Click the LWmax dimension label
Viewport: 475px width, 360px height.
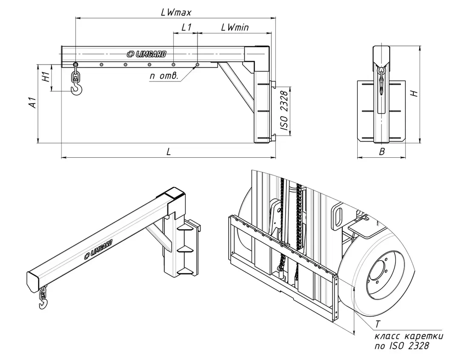pyautogui.click(x=176, y=12)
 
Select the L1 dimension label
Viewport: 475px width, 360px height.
pyautogui.click(x=186, y=28)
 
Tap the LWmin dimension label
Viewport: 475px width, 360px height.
pyautogui.click(x=235, y=28)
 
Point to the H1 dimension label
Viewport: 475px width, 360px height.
pyautogui.click(x=47, y=77)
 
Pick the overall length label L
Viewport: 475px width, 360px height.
pyautogui.click(x=168, y=152)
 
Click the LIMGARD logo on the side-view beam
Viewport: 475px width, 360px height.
pyautogui.click(x=147, y=54)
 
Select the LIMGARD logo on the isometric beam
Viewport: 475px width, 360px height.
pyautogui.click(x=98, y=249)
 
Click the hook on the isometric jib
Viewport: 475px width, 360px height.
pyautogui.click(x=42, y=302)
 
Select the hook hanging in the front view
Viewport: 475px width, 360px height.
pyautogui.click(x=382, y=83)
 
